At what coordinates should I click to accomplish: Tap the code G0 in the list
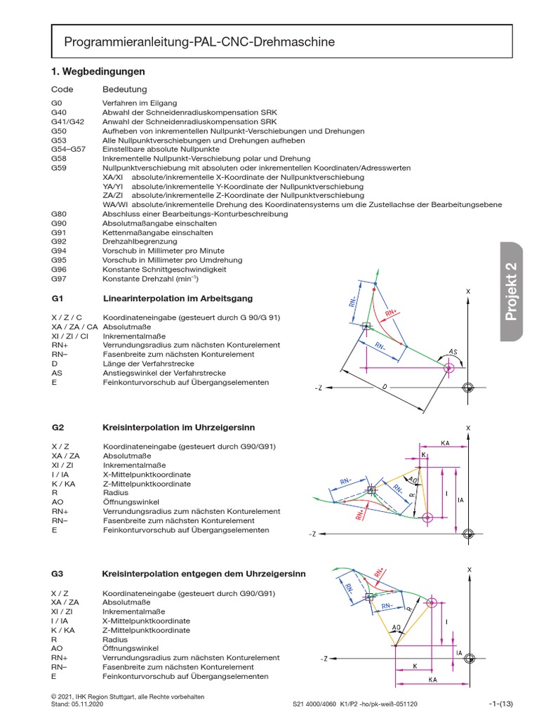tap(57, 103)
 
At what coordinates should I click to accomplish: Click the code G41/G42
tap(67, 121)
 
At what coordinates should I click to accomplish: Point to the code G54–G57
tap(68, 150)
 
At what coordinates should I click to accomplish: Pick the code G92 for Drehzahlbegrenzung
tap(60, 241)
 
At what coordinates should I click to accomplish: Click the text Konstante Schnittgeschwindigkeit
tap(164, 269)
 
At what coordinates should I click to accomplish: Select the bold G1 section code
tap(58, 298)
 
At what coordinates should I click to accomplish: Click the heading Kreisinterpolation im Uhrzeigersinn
tap(179, 427)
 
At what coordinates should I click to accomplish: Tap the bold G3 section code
tap(58, 574)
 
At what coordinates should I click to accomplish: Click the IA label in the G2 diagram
tap(460, 500)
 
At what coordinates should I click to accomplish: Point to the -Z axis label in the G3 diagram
tap(324, 659)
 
